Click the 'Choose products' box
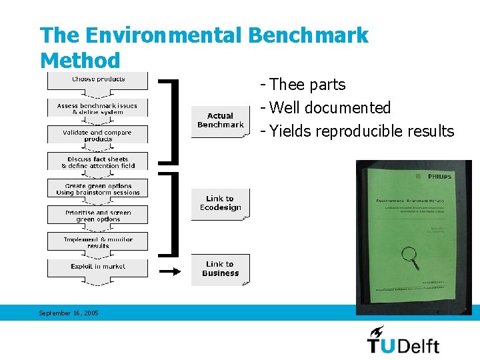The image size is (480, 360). [x=97, y=80]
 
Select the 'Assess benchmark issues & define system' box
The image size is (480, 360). [x=97, y=109]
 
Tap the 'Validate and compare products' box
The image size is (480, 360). [x=97, y=135]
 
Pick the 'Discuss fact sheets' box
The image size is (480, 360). [x=97, y=162]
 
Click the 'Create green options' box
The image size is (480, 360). [x=97, y=189]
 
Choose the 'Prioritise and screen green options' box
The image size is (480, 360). [x=97, y=215]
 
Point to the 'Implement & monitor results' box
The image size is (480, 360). [x=97, y=242]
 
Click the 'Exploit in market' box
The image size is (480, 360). [x=97, y=267]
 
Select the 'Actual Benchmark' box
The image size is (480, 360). [x=220, y=121]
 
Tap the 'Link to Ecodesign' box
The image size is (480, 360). [x=220, y=203]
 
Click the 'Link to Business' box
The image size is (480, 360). [x=220, y=269]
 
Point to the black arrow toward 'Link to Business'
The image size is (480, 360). [x=170, y=271]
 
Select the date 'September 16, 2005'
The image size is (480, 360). [x=68, y=313]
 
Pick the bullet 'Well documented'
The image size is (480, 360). [x=330, y=108]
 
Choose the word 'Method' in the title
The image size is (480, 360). [x=80, y=61]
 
